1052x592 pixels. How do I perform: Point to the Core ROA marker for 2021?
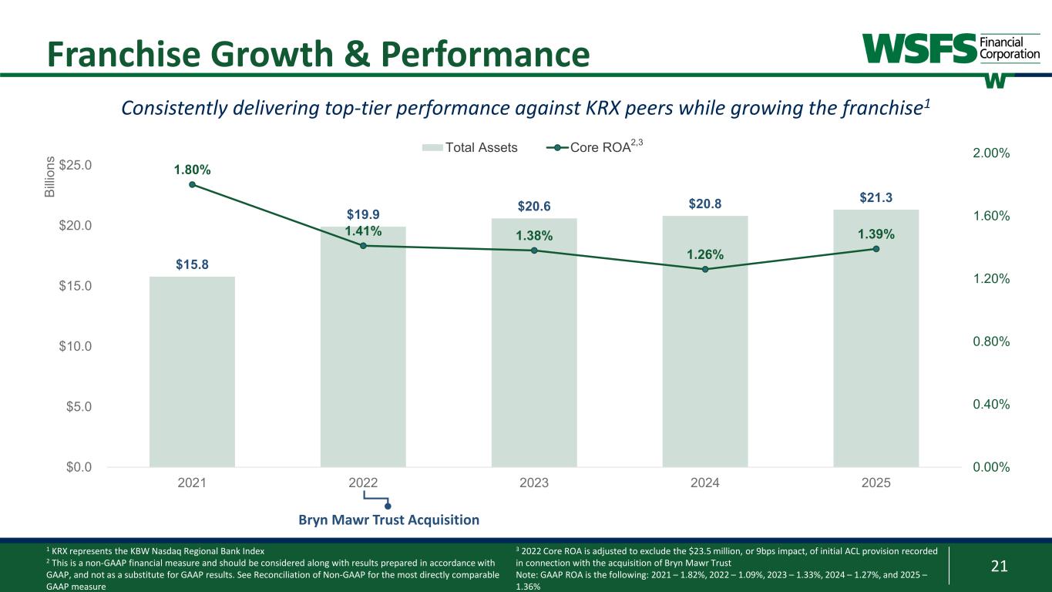pyautogui.click(x=192, y=184)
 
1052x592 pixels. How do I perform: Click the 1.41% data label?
pyautogui.click(x=363, y=230)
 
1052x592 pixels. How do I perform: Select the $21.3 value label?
pyautogui.click(x=876, y=198)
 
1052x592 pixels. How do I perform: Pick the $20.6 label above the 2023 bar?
pyautogui.click(x=533, y=207)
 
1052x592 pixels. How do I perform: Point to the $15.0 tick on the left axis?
pyautogui.click(x=76, y=286)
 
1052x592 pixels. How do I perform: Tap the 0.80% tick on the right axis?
pyautogui.click(x=989, y=341)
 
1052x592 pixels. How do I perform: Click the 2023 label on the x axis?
pyautogui.click(x=534, y=483)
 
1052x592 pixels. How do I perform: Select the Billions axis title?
pyautogui.click(x=50, y=177)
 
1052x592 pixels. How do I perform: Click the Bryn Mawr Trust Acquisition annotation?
pyautogui.click(x=388, y=520)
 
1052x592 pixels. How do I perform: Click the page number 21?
pyautogui.click(x=999, y=567)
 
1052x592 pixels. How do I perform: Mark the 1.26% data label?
pyautogui.click(x=704, y=255)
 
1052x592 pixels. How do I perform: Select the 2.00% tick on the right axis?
pyautogui.click(x=989, y=153)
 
